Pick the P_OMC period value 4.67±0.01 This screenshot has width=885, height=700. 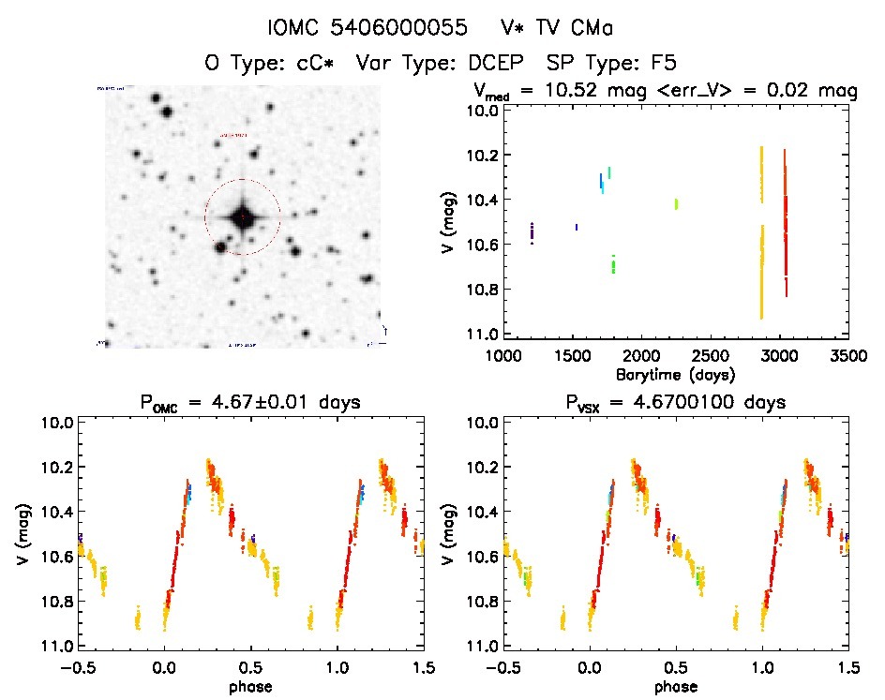pos(282,403)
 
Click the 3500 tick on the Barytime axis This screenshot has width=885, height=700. pos(847,357)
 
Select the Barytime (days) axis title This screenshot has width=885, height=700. pos(675,374)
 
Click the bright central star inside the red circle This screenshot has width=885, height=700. pos(243,217)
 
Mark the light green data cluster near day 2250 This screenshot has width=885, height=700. pos(676,203)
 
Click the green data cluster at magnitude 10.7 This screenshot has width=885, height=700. pos(613,264)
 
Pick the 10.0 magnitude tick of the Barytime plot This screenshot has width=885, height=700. pos(481,111)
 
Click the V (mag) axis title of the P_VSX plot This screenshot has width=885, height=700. pos(451,534)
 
